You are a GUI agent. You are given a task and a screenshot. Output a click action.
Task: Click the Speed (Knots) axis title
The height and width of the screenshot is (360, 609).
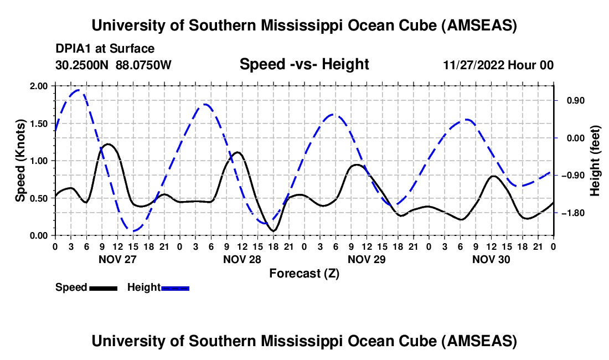(x=20, y=161)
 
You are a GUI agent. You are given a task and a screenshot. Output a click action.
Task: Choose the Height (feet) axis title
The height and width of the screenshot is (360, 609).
(x=596, y=161)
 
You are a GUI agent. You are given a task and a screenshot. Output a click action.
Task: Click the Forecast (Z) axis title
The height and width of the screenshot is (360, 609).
(x=304, y=273)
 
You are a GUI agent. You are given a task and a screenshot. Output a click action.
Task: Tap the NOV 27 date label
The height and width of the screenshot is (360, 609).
(x=117, y=259)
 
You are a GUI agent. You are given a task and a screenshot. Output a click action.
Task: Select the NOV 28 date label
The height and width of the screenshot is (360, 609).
(x=242, y=259)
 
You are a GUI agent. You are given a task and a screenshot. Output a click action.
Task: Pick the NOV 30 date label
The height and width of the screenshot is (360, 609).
(x=491, y=259)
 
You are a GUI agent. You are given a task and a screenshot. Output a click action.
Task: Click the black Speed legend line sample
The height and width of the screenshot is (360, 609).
(x=102, y=288)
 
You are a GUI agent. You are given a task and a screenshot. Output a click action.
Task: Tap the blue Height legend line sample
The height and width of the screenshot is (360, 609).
(x=175, y=288)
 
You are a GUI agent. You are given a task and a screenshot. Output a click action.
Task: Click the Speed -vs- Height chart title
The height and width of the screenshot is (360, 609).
(x=304, y=64)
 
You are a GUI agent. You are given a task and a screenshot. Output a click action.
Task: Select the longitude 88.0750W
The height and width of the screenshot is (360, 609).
(x=144, y=65)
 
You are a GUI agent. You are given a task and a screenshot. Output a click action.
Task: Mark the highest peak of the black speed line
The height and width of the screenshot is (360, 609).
(x=108, y=144)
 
